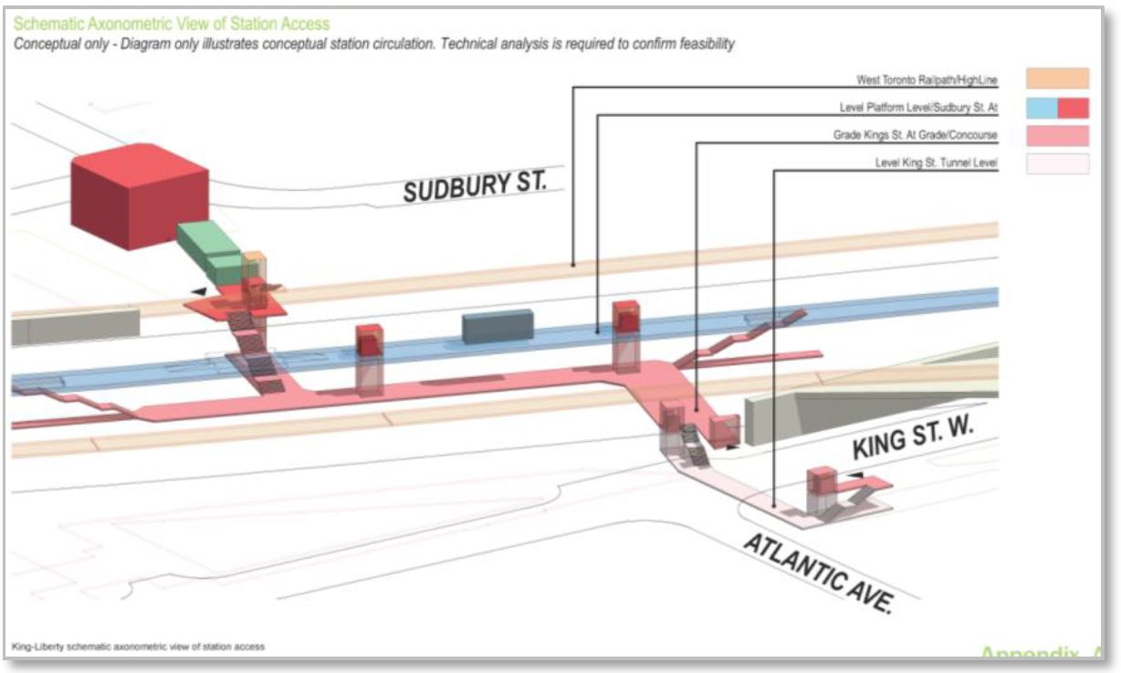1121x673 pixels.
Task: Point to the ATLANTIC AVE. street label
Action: [x=817, y=573]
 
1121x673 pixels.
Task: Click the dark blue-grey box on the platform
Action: [x=498, y=326]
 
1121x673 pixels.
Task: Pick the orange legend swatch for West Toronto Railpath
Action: [x=1057, y=79]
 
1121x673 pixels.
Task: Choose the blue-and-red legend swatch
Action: [x=1057, y=108]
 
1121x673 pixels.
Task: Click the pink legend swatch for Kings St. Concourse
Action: [x=1057, y=136]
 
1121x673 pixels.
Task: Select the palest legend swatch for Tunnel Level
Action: [x=1057, y=164]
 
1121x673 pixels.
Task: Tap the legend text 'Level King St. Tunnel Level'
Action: [x=936, y=164]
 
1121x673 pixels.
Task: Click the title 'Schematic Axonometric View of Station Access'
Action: [x=172, y=24]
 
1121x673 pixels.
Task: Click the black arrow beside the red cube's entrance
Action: [x=199, y=290]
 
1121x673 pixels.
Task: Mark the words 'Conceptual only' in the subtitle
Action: [x=56, y=45]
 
